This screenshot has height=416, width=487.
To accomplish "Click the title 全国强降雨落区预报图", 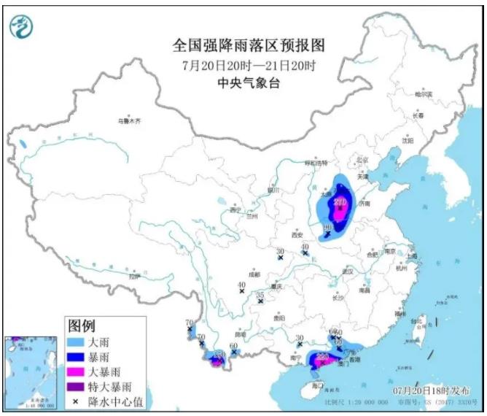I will [249, 46].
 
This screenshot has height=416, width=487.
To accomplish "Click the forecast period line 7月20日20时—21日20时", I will [249, 66].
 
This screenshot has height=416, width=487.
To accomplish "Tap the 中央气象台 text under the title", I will [249, 83].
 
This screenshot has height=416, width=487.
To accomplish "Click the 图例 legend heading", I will [81, 326].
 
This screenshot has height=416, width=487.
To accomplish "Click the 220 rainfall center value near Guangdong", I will [319, 355].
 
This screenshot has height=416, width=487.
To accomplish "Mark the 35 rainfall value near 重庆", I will [260, 295].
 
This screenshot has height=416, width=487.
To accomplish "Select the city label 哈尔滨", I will [424, 95].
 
